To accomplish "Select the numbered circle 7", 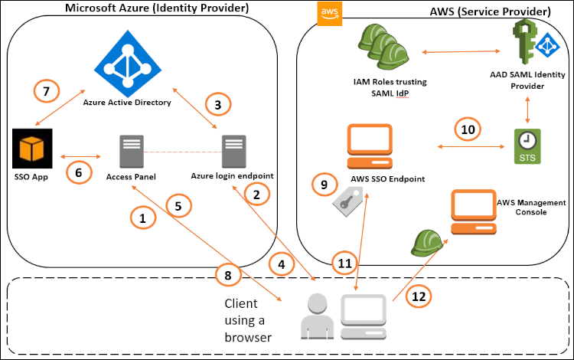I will (47, 92).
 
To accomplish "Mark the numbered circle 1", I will (142, 218).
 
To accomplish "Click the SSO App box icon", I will (31, 147).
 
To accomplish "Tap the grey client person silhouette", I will (313, 316).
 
